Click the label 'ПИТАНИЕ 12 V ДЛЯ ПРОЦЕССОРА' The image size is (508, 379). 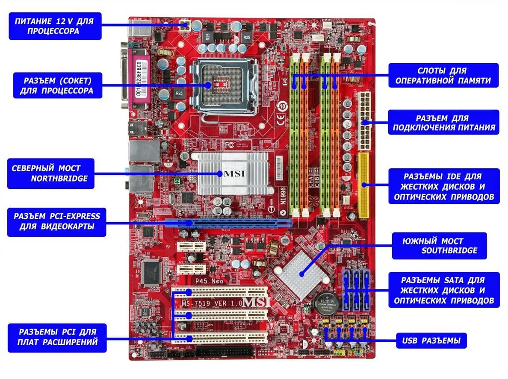click(x=55, y=26)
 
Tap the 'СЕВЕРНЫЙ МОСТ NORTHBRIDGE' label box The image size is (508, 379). click(x=50, y=173)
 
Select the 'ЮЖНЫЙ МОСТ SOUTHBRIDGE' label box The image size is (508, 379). click(x=439, y=246)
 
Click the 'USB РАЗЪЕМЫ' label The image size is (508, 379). click(x=431, y=341)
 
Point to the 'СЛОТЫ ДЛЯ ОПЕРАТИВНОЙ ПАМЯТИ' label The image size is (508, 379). click(x=443, y=76)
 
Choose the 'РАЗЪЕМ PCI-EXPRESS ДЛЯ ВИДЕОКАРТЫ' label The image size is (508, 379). click(x=56, y=222)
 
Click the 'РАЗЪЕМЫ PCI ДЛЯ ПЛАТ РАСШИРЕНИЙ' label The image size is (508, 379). click(x=57, y=337)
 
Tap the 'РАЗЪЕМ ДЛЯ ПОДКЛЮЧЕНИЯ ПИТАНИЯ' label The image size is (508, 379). click(x=443, y=123)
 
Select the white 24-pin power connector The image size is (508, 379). click(x=365, y=118)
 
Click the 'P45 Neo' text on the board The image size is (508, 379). click(x=210, y=282)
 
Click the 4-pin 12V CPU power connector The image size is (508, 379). click(x=185, y=25)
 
